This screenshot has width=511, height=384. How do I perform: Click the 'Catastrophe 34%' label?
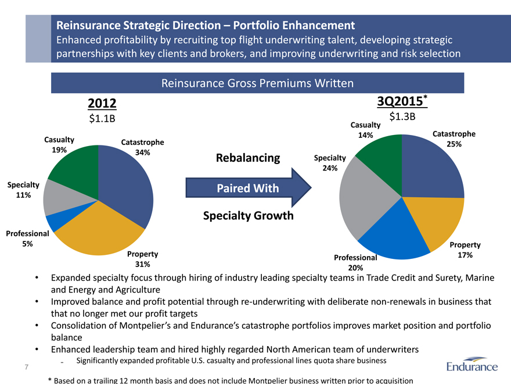142,147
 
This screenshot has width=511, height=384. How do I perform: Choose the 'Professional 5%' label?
27,239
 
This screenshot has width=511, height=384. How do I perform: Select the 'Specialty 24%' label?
329,163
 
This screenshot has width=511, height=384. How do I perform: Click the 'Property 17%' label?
464,250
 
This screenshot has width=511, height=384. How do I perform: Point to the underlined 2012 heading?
102,104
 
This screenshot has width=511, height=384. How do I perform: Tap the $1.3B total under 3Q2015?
402,116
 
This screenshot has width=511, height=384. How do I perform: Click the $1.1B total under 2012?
102,119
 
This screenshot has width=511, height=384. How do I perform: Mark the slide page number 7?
27,367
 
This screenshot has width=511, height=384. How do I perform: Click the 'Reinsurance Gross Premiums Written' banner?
257,83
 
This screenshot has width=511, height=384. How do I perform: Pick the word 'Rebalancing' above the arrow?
248,158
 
